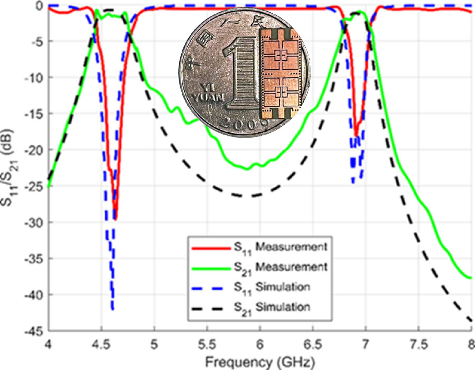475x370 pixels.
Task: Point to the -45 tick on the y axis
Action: click(x=34, y=331)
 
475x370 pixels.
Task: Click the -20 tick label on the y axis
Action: click(x=34, y=150)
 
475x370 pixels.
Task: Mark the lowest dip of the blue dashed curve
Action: click(x=113, y=310)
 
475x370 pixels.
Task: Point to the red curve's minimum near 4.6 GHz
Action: click(x=115, y=219)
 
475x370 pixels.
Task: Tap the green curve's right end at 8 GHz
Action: click(x=470, y=277)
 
